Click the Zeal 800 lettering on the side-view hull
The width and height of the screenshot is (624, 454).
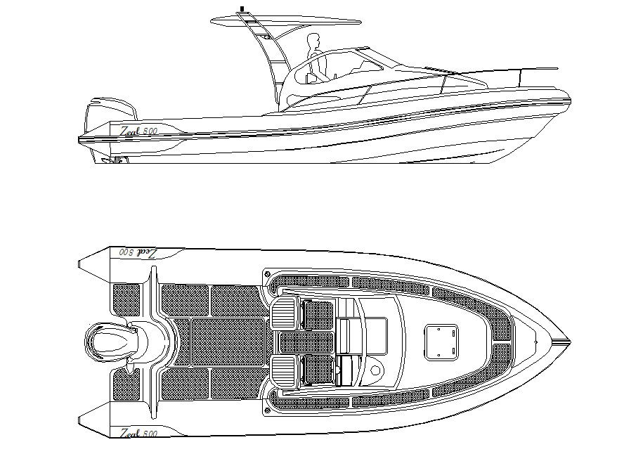[x=138, y=131]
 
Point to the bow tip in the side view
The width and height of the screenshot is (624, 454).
[x=569, y=100]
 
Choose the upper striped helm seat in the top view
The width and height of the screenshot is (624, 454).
[x=284, y=313]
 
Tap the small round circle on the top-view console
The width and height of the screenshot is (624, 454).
[x=376, y=370]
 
